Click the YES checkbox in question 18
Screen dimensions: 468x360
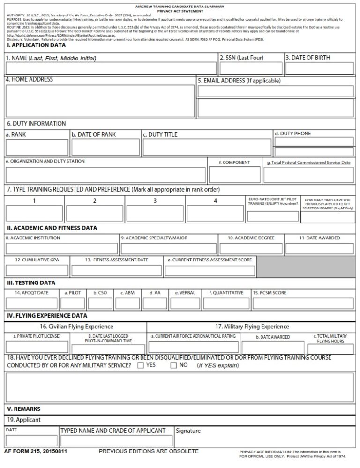pyautogui.click(x=141, y=365)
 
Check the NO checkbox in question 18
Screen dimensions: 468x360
pyautogui.click(x=173, y=365)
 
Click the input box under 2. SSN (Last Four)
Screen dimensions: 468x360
pyautogui.click(x=251, y=68)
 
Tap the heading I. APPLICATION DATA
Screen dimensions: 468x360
pyautogui.click(x=36, y=45)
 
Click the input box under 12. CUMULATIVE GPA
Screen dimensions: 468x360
pyautogui.click(x=37, y=270)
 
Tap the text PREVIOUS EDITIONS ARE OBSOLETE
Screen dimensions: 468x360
pyautogui.click(x=149, y=451)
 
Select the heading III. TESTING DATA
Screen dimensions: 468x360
pyautogui.click(x=31, y=283)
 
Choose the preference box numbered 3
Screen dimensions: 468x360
pyautogui.click(x=155, y=213)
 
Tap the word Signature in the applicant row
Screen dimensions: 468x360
pyautogui.click(x=188, y=431)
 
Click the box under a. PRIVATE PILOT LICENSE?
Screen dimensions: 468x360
pyautogui.click(x=37, y=347)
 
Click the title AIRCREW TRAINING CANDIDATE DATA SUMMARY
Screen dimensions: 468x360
pyautogui.click(x=180, y=7)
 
